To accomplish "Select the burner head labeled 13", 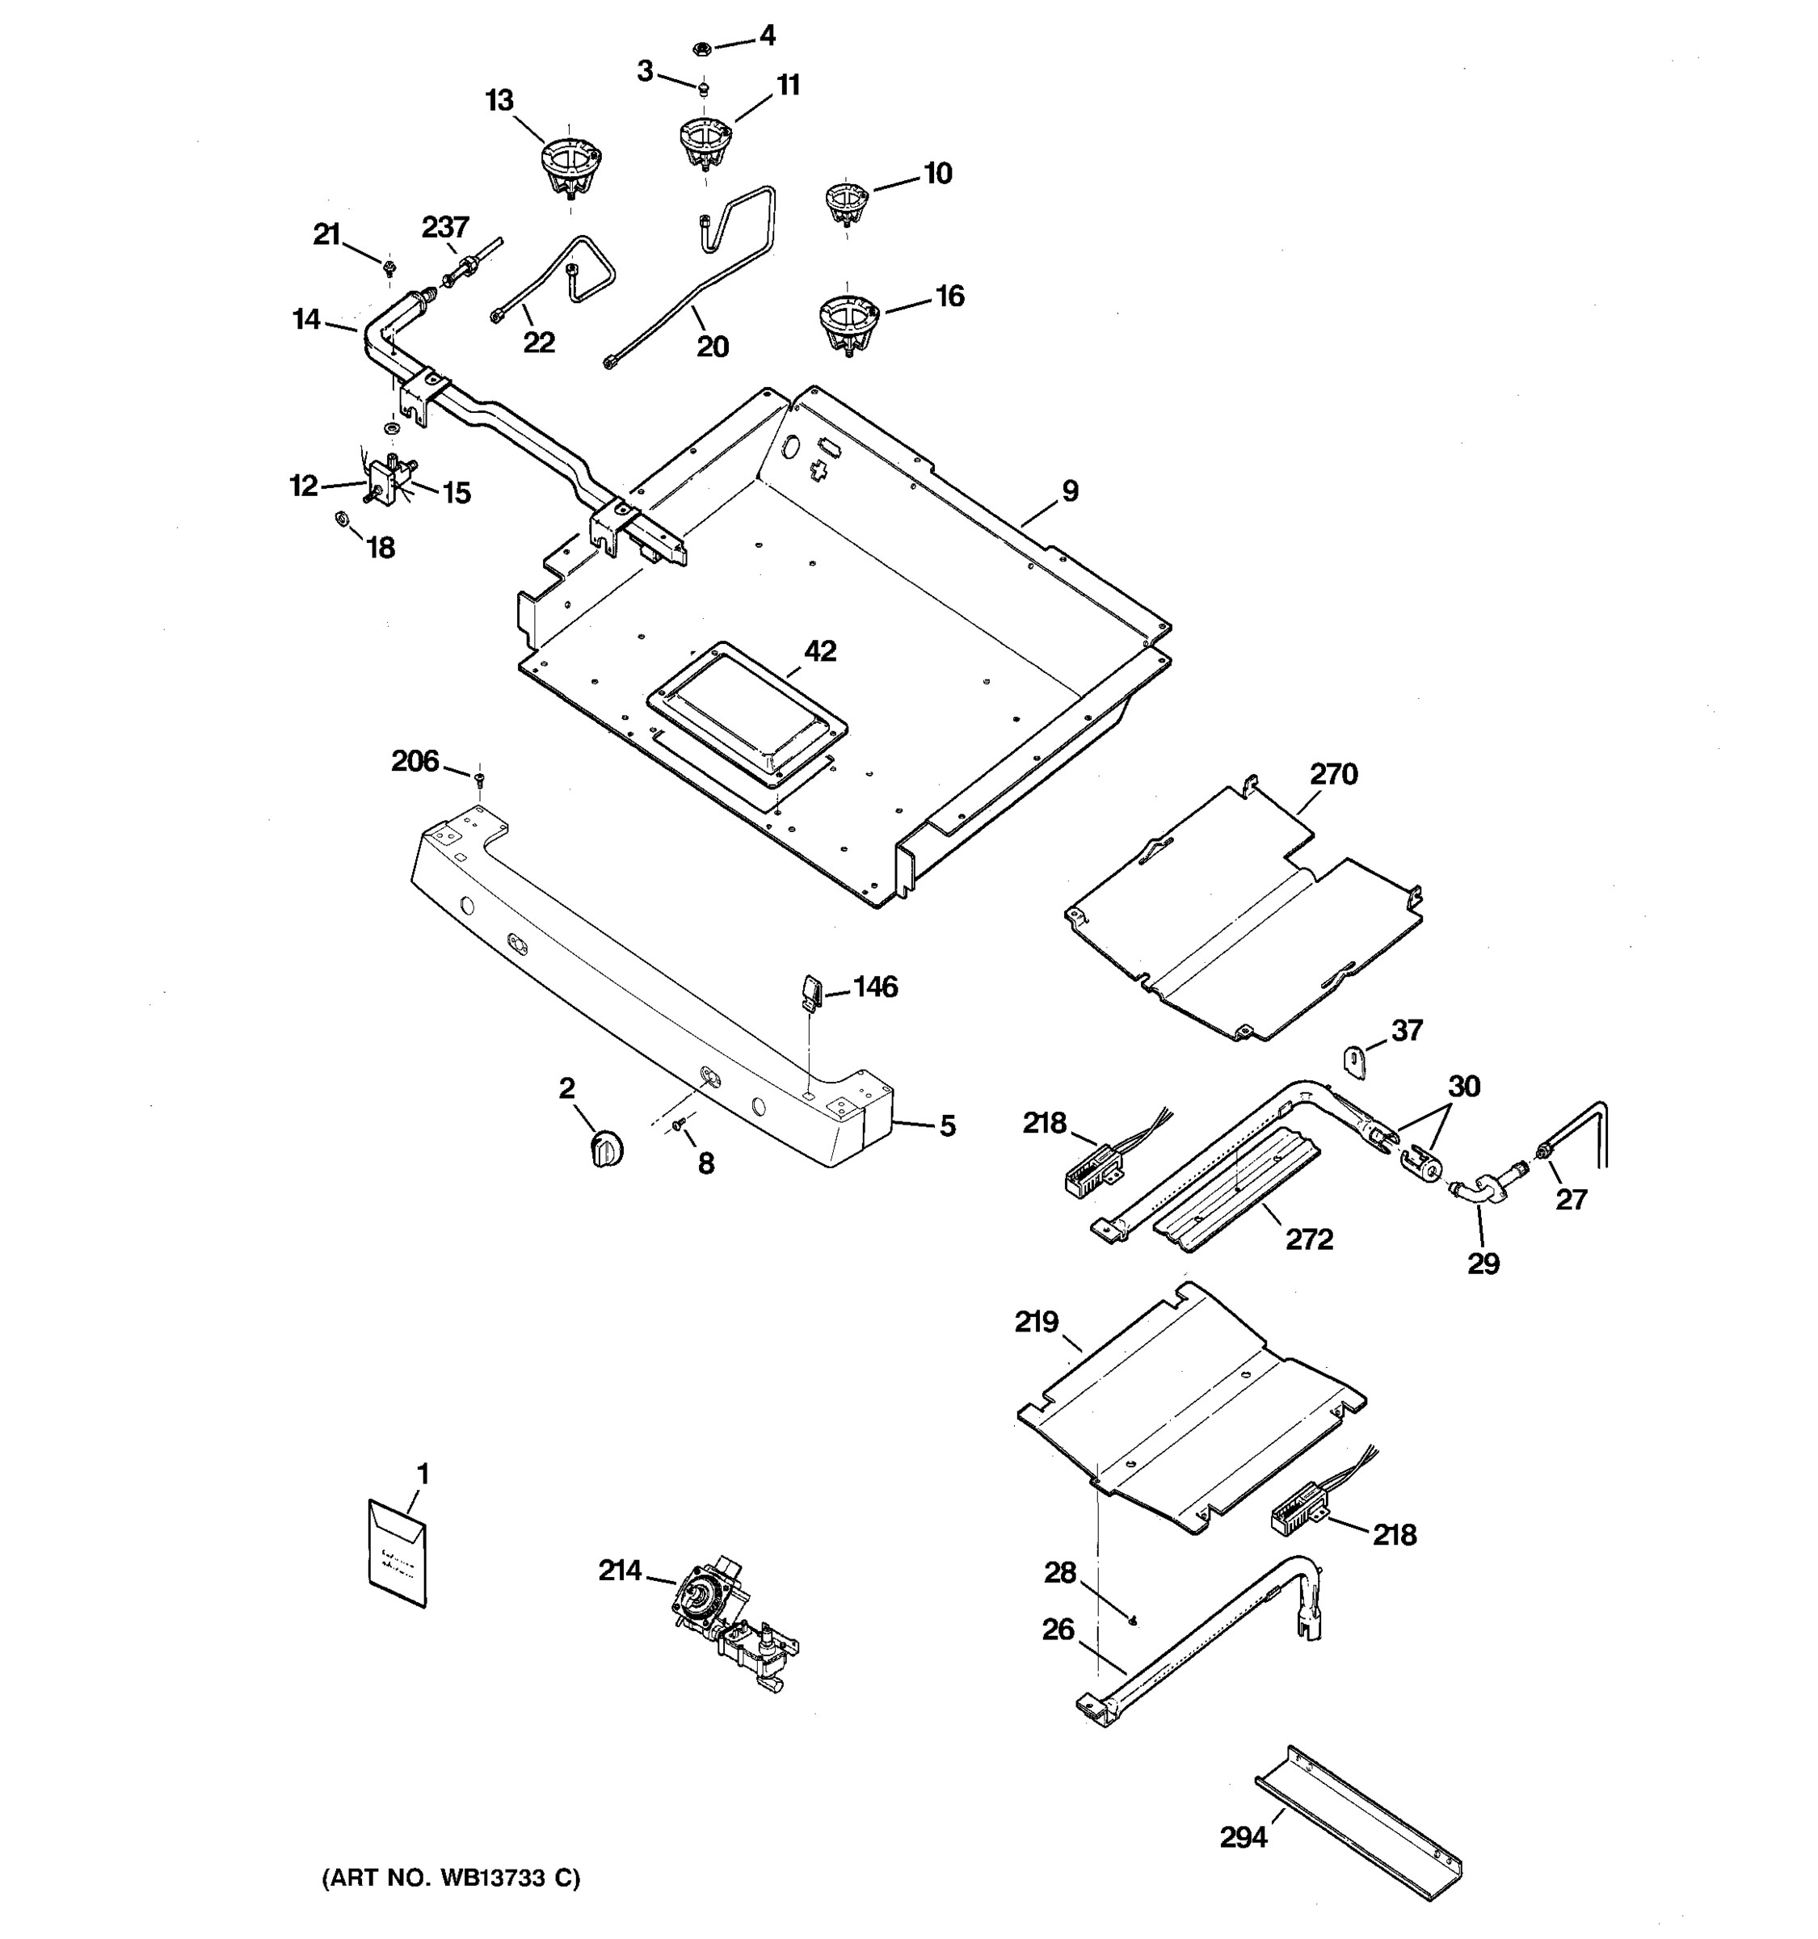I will tap(570, 169).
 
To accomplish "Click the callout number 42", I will tap(819, 650).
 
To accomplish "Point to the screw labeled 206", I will tap(479, 777).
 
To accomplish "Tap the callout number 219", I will tap(1036, 1322).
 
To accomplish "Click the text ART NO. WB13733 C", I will tap(451, 1878).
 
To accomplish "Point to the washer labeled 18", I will tap(343, 517).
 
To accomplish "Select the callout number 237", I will tap(444, 227).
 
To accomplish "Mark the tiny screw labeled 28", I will tap(1131, 1620).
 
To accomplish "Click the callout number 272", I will tap(1308, 1239).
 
